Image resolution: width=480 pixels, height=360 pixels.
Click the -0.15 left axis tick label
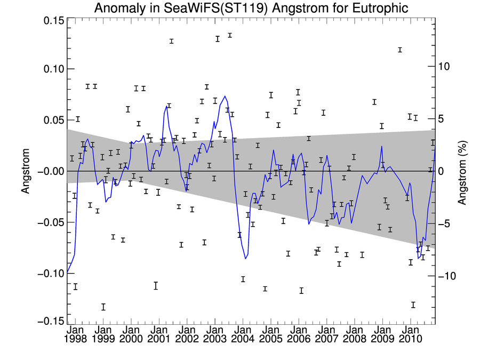point(49,321)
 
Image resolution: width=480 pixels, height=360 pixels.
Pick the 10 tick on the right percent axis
point(445,67)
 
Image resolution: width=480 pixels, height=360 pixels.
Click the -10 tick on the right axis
point(447,276)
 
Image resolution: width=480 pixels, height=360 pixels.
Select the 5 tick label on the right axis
point(442,119)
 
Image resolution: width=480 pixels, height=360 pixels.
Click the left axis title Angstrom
point(25,171)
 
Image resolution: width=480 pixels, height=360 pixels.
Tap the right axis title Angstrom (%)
point(463,171)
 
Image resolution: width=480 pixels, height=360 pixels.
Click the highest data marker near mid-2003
point(230,35)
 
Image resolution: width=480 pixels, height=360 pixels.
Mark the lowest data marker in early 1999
point(103,307)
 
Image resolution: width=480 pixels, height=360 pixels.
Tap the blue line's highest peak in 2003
point(225,97)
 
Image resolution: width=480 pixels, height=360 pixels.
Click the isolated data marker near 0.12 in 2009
point(399,50)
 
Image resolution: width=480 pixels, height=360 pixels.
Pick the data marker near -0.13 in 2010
point(413,305)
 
